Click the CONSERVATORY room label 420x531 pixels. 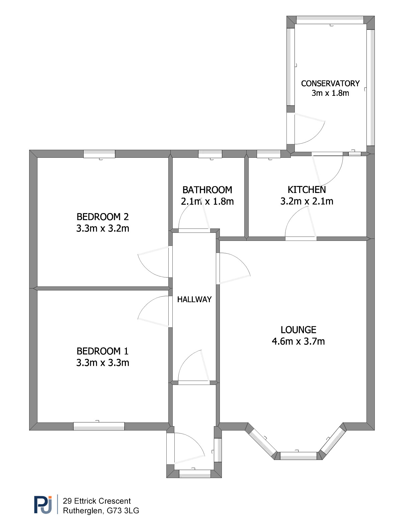point(330,84)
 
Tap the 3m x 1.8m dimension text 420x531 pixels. point(330,93)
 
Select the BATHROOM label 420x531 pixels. point(207,190)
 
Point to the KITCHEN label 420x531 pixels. point(307,190)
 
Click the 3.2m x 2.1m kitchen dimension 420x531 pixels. point(307,201)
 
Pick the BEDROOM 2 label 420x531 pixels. point(103,217)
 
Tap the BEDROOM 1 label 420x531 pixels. point(103,351)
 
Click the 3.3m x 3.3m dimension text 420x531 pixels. point(103,363)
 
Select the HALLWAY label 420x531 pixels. point(194,300)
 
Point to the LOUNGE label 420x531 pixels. point(299,330)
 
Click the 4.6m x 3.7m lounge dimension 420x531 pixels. point(299,341)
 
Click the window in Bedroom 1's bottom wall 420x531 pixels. point(99,426)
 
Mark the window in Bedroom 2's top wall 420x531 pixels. point(99,154)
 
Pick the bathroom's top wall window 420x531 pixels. point(210,154)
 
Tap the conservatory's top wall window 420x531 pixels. point(330,20)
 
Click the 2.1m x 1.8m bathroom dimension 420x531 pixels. point(207,202)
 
